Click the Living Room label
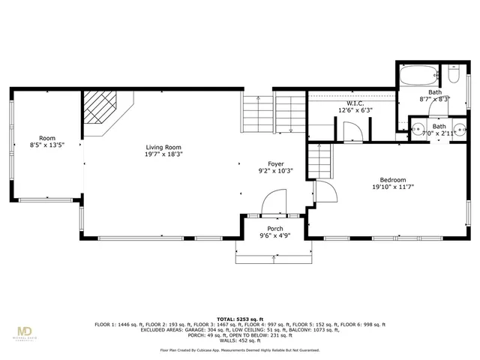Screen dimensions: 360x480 tap(163, 148)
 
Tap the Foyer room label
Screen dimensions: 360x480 tap(276, 163)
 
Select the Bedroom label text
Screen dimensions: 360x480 tap(392, 179)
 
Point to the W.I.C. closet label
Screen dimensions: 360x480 tap(355, 103)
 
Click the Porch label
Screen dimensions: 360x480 tap(275, 229)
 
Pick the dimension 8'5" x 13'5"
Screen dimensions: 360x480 tap(47, 145)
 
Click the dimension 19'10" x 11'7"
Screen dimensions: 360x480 tap(392, 187)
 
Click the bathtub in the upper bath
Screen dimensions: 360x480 tap(418, 76)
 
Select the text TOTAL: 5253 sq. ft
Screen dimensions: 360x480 tap(239, 319)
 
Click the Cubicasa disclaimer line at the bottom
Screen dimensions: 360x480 tap(239, 350)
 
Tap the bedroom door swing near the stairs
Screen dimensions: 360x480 tap(325, 191)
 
